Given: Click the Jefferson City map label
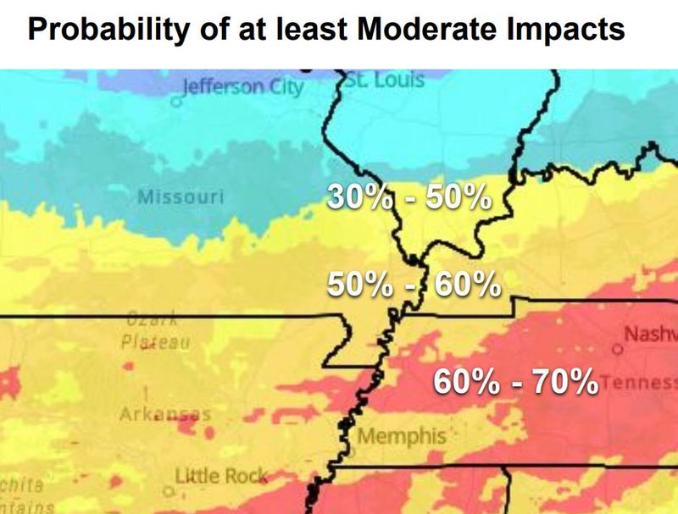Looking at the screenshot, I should coord(242,87).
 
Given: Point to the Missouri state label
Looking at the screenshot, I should coord(181,197).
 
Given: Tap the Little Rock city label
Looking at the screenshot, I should coord(221,476).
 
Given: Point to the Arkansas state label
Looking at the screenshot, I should coord(164,414).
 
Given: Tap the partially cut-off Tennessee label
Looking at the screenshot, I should coord(640,382).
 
